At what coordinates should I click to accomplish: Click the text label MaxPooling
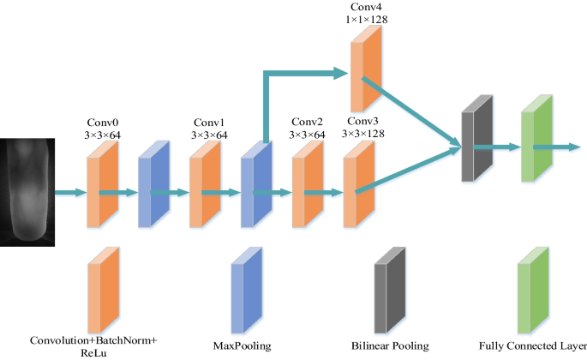click(x=242, y=346)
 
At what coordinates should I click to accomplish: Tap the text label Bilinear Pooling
click(x=391, y=346)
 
